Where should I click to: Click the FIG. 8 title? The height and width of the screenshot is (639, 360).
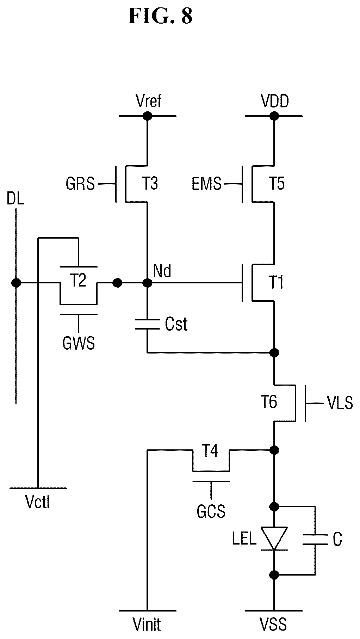pyautogui.click(x=160, y=16)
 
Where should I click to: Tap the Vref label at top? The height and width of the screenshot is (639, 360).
pyautogui.click(x=149, y=102)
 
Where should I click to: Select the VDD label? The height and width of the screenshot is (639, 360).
pyautogui.click(x=275, y=102)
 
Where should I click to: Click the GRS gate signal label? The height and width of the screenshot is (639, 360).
pyautogui.click(x=80, y=184)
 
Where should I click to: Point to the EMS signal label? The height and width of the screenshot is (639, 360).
pyautogui.click(x=207, y=184)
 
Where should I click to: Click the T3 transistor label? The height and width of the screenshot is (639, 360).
pyautogui.click(x=150, y=184)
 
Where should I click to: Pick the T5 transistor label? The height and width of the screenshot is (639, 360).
pyautogui.click(x=277, y=184)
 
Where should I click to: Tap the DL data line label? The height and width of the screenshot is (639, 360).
pyautogui.click(x=15, y=199)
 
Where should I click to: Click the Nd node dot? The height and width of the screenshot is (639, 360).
pyautogui.click(x=147, y=283)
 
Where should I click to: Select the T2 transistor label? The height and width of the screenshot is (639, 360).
pyautogui.click(x=79, y=281)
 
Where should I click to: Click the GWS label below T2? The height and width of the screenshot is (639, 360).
pyautogui.click(x=79, y=343)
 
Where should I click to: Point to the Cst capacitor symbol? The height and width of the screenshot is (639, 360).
pyautogui.click(x=147, y=324)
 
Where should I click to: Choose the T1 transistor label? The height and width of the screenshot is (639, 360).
pyautogui.click(x=276, y=283)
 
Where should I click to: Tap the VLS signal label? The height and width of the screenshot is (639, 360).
pyautogui.click(x=340, y=403)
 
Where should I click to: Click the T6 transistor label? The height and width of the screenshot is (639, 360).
pyautogui.click(x=269, y=402)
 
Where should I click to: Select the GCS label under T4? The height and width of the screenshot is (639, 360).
pyautogui.click(x=211, y=511)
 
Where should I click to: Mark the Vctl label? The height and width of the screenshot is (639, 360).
pyautogui.click(x=38, y=502)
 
